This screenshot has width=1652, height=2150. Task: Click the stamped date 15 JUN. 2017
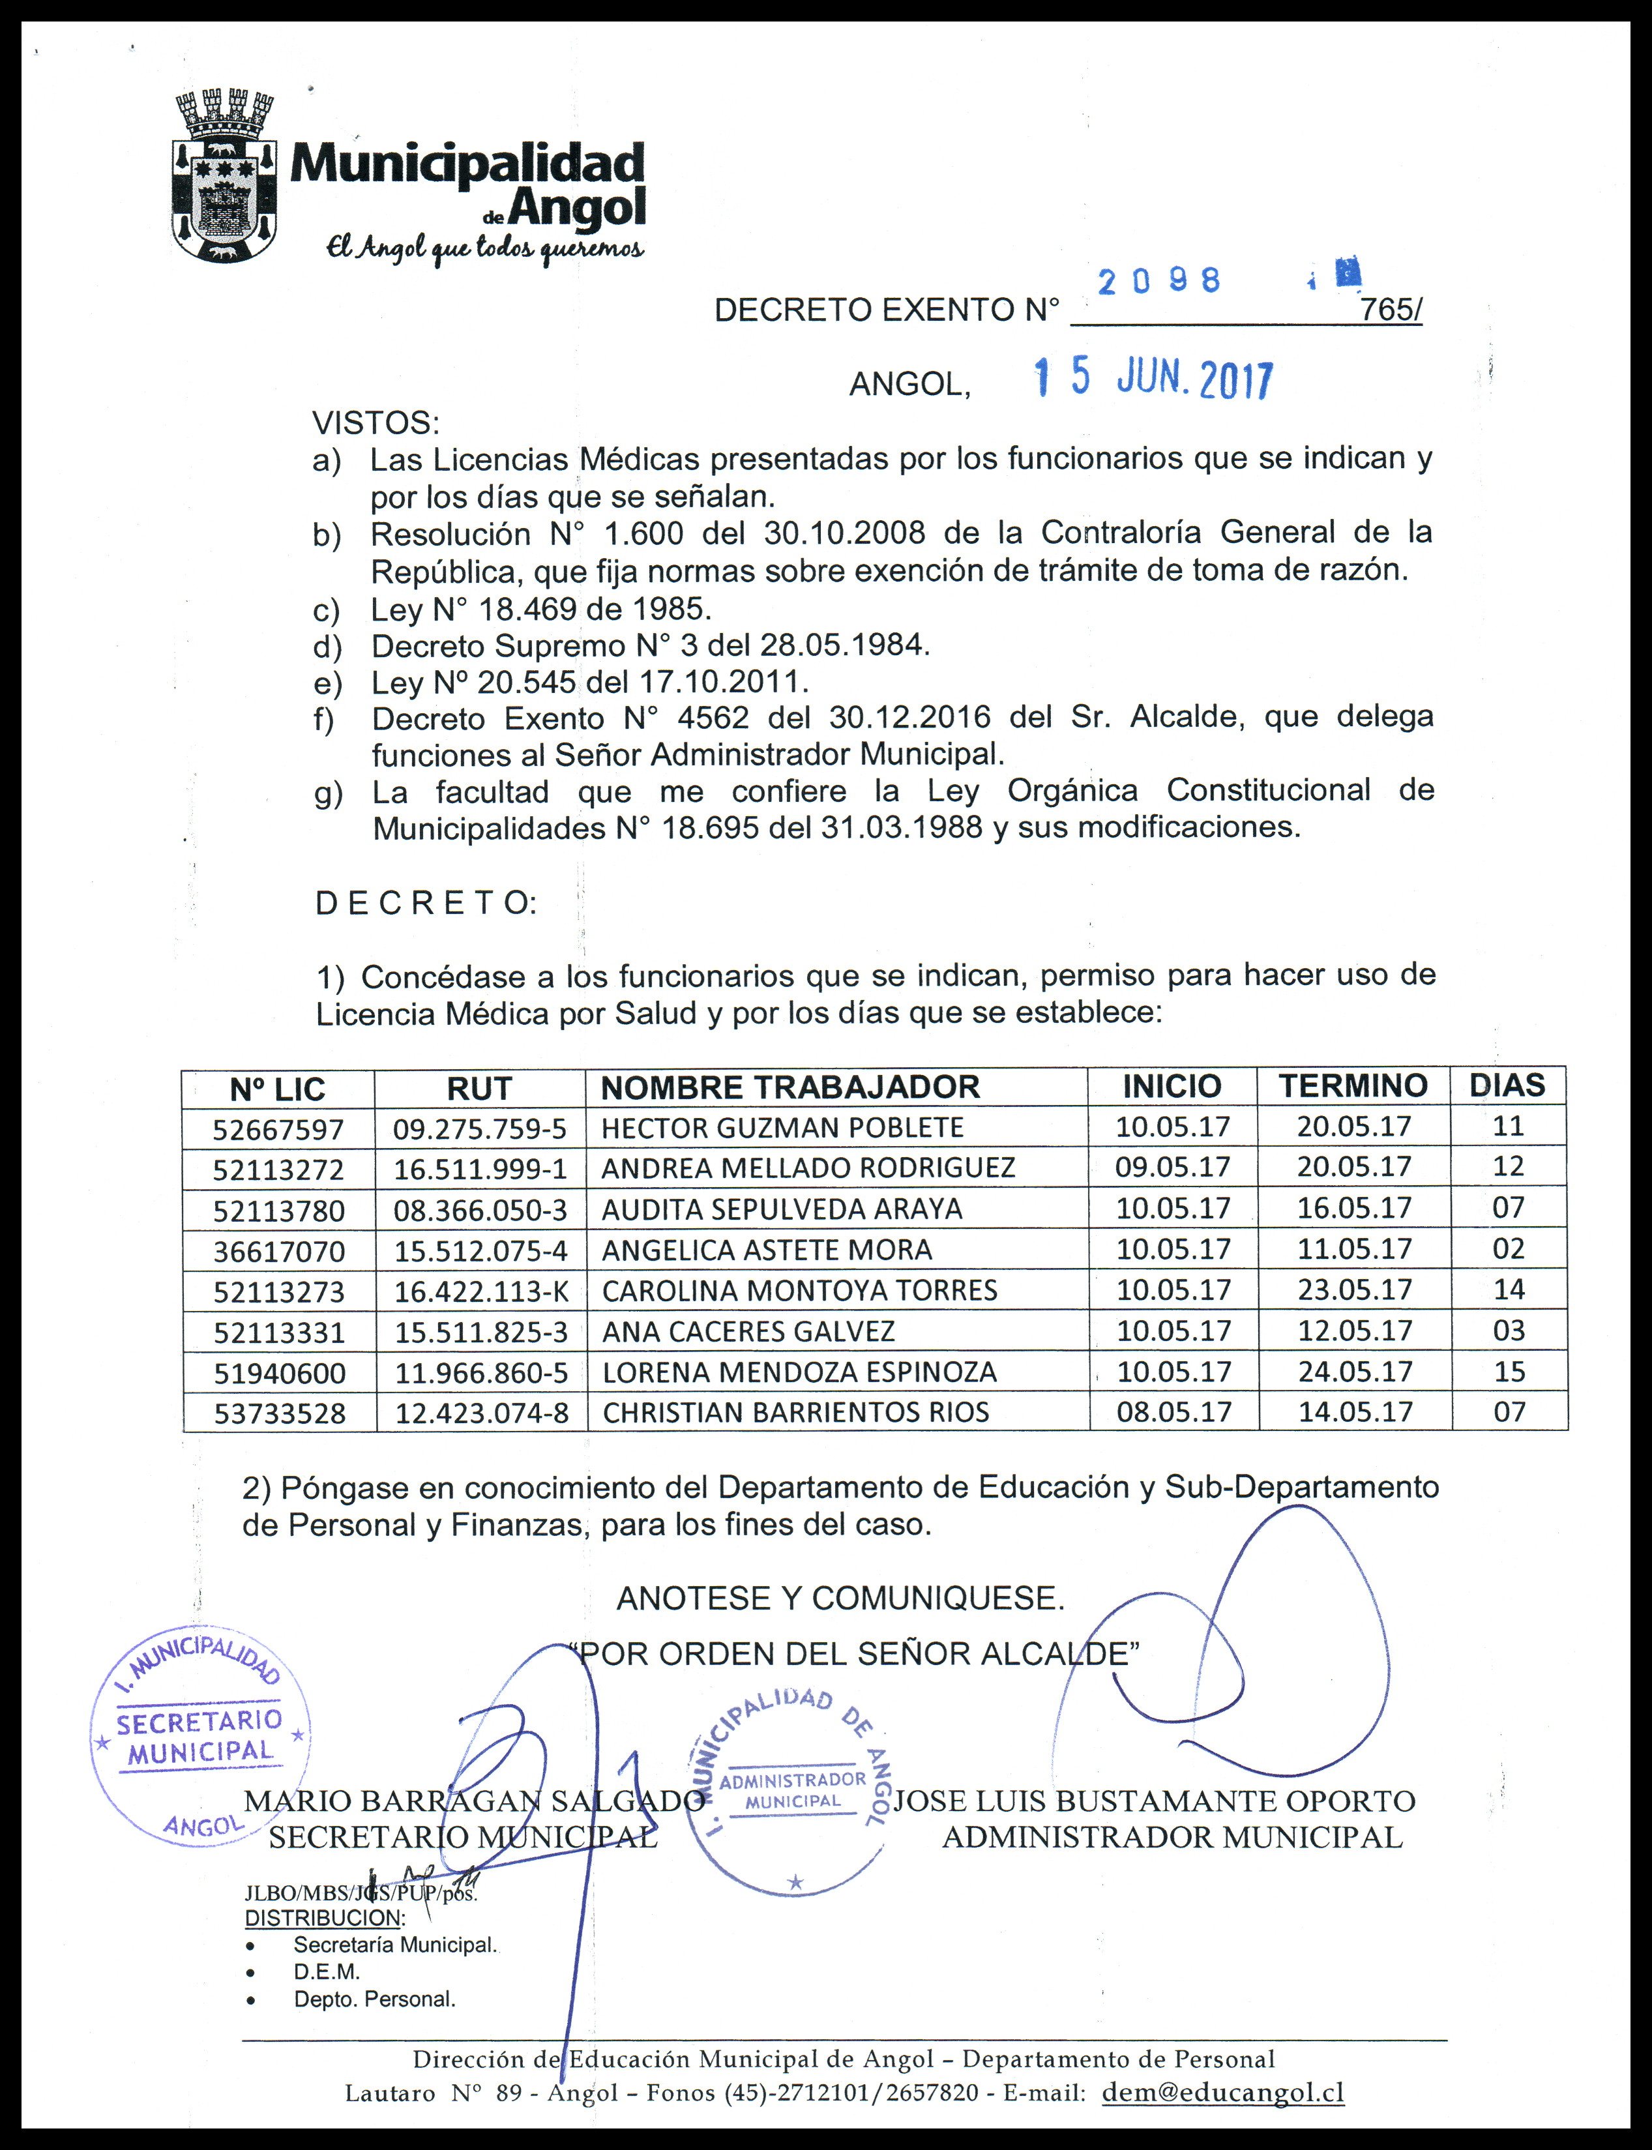coord(1153,379)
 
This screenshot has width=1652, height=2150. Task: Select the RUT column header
coord(479,1088)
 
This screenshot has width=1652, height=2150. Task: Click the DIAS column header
coord(1507,1085)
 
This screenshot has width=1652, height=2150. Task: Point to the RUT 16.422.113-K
coord(481,1291)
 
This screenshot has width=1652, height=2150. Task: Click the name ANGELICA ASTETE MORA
coord(766,1250)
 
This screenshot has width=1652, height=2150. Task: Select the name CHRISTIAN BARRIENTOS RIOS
coord(795,1413)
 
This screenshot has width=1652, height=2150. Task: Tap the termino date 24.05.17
coord(1354,1372)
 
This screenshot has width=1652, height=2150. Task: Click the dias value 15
coord(1509,1372)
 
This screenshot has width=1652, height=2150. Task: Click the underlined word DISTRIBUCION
coord(323,1917)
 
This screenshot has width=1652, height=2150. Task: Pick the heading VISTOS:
coord(376,424)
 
